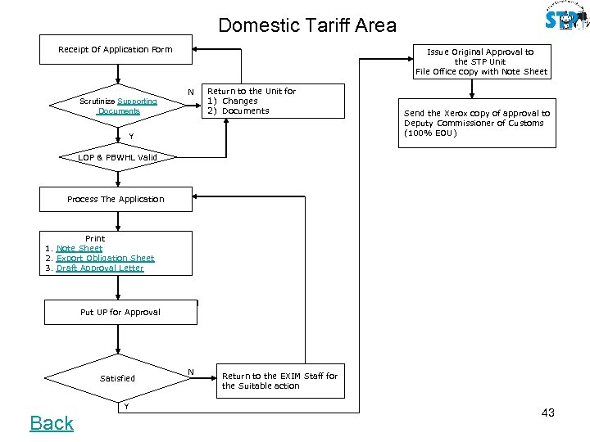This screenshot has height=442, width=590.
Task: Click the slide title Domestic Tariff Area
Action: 306,25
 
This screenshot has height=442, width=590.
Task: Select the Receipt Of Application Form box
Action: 116,49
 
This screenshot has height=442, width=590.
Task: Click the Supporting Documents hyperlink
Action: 137,101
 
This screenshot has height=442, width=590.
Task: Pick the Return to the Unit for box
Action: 252,101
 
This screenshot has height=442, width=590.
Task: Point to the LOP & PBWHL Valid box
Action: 117,156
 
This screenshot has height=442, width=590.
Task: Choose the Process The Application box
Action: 116,199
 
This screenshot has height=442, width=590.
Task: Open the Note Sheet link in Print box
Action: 79,248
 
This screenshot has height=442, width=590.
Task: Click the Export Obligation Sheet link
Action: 105,258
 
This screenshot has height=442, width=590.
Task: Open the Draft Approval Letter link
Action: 100,268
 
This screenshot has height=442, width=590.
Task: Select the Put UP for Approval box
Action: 120,312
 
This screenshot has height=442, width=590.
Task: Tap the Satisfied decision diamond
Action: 117,378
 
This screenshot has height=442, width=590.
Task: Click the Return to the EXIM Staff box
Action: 279,381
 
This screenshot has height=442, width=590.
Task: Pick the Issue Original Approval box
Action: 481,61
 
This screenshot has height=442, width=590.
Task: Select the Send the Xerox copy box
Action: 476,124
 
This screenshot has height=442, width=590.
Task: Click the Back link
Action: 52,423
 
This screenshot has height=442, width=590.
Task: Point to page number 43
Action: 547,413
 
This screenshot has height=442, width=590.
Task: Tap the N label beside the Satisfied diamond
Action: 190,372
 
